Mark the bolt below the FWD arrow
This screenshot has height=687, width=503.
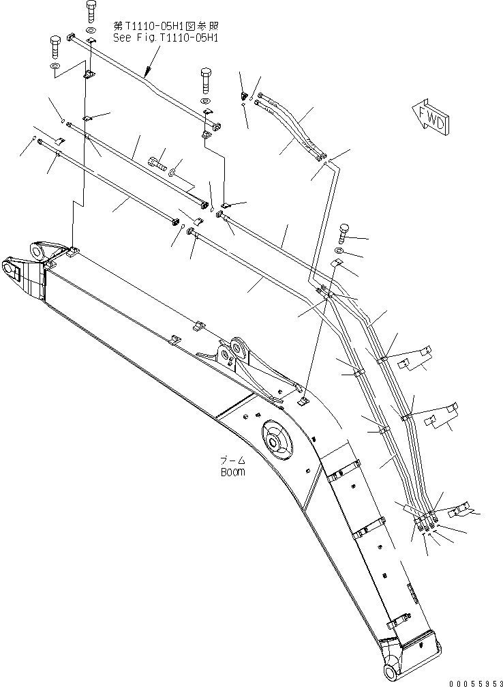tap(343, 234)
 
